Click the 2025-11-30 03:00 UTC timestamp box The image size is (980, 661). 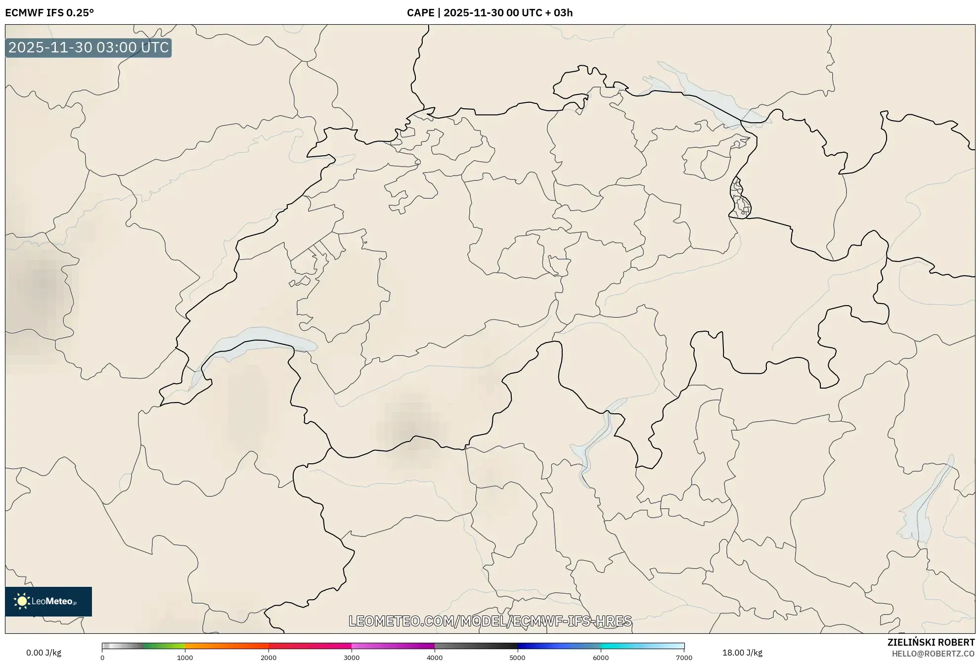point(89,48)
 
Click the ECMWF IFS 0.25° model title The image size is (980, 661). point(49,13)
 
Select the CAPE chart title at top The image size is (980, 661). point(490,13)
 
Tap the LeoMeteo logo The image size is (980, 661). point(48,601)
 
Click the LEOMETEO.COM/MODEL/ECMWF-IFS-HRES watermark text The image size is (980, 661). point(490,621)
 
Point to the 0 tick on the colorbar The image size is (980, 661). point(102,658)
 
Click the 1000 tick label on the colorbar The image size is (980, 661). point(185,658)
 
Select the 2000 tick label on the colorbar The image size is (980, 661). point(268,658)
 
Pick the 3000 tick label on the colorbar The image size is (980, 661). point(352,658)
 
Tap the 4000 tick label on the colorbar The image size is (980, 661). point(435,658)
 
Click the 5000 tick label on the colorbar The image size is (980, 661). point(517,658)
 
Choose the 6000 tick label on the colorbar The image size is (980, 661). point(601,658)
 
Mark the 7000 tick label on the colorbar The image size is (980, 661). point(684,658)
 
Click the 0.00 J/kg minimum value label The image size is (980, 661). point(44,653)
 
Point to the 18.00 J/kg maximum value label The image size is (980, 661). point(742,653)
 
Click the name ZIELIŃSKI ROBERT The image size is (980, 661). point(931,642)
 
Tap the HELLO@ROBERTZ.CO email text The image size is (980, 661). point(933,654)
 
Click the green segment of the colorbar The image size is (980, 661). point(163,646)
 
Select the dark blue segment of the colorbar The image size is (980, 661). point(539,646)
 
